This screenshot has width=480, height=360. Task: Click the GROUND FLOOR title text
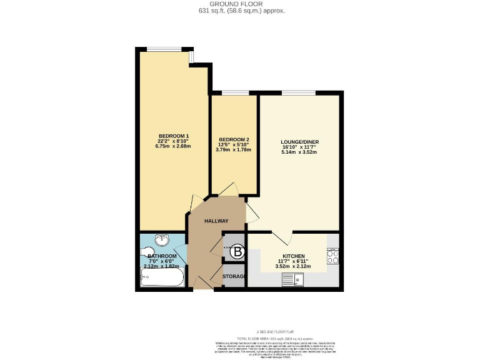coord(240,4)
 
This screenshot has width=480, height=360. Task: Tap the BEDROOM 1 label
coord(173,136)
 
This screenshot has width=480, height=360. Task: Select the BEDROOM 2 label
coord(234,139)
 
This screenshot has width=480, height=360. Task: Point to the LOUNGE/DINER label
coord(299,142)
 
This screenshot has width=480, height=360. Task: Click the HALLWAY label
coord(216,221)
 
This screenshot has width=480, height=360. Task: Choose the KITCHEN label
coord(293,256)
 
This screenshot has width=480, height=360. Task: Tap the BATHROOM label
coord(162,256)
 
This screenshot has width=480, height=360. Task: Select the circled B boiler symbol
coord(237,252)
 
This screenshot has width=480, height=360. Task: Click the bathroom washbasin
coord(162,240)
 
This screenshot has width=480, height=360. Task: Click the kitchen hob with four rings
coord(332,256)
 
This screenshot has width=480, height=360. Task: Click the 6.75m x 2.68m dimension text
coord(173,147)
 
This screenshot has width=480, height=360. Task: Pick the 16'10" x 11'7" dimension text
coord(299,147)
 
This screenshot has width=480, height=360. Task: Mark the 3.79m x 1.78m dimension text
coord(234,150)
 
